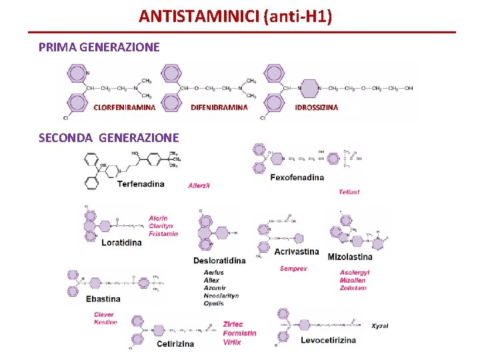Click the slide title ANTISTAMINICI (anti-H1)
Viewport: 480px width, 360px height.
tap(235, 15)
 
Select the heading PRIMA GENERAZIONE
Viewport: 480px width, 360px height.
tap(99, 47)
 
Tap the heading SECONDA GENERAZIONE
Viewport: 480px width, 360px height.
tap(109, 138)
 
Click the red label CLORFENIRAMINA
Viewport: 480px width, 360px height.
tap(125, 107)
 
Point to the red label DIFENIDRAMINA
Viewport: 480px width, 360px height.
tap(219, 107)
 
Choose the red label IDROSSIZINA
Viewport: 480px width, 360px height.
tap(317, 107)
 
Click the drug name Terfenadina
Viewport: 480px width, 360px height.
tap(141, 184)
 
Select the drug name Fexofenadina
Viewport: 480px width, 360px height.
tap(297, 177)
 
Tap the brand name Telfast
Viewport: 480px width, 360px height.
tap(349, 192)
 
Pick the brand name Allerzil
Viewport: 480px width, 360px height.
tap(199, 185)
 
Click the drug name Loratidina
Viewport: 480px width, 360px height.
tap(121, 243)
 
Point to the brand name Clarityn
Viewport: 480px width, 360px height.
tap(161, 226)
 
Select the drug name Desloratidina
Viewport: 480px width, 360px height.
tap(219, 260)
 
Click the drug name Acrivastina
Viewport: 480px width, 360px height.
tap(297, 251)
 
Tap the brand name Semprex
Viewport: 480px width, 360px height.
tap(293, 269)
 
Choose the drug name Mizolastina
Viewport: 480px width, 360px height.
tap(350, 257)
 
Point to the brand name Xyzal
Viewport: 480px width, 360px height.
tap(380, 325)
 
